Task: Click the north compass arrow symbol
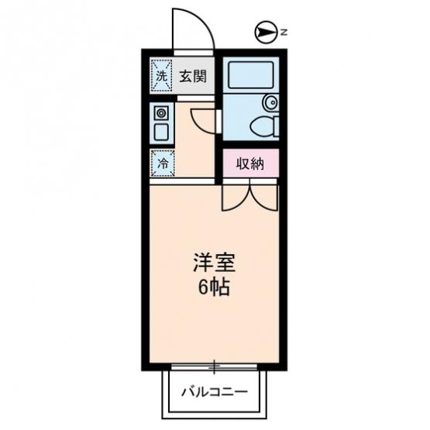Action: (x=265, y=33)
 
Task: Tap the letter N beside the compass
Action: (x=284, y=33)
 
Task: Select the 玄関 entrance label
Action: (x=193, y=76)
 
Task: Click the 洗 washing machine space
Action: (x=161, y=76)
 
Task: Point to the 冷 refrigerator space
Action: (x=163, y=163)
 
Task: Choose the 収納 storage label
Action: (x=250, y=163)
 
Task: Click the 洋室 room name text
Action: (x=214, y=263)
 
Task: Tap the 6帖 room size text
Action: (x=214, y=287)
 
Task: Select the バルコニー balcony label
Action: (x=214, y=392)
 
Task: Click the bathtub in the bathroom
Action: (x=251, y=75)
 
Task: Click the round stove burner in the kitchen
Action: (x=161, y=113)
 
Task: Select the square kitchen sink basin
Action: (x=161, y=132)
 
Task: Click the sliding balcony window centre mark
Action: (x=215, y=366)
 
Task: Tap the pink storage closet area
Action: (x=251, y=163)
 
